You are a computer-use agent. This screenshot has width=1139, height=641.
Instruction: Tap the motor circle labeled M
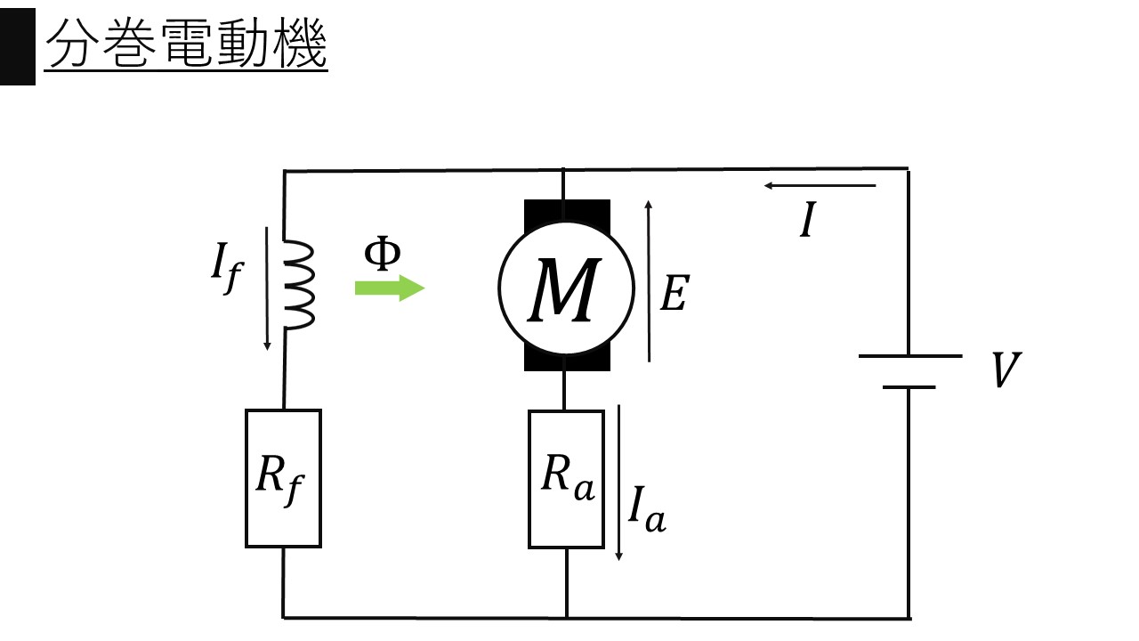[566, 285]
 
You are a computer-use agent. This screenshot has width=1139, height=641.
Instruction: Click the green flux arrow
[390, 288]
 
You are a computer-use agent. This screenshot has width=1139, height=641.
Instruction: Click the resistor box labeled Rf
[283, 478]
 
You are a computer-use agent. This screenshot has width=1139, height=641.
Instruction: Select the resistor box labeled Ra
[566, 478]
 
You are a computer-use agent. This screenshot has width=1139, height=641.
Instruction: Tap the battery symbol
[909, 371]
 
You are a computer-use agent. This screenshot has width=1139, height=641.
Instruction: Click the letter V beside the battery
[1006, 371]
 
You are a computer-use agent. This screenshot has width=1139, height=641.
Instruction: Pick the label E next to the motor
[674, 295]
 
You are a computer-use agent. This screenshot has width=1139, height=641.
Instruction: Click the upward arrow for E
[649, 280]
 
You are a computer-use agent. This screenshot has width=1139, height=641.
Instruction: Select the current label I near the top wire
[808, 221]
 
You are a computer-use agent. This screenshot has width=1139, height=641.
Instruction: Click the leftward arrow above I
[819, 186]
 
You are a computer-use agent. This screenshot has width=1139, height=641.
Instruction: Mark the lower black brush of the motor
[567, 358]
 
